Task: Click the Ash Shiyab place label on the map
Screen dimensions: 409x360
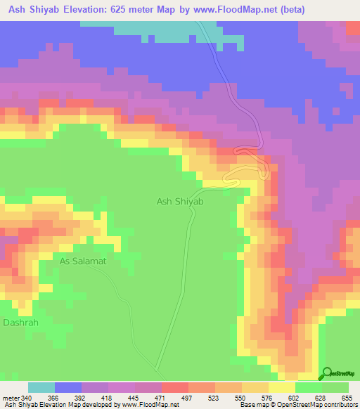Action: pos(179,202)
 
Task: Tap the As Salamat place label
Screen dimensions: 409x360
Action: pos(82,261)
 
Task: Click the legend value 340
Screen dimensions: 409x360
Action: pos(27,398)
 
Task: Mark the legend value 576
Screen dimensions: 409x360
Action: pos(269,398)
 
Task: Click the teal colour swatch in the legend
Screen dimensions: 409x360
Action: pos(41,387)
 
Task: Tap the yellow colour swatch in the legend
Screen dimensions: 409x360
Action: pos(281,387)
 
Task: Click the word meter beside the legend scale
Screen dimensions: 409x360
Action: pos(11,398)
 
